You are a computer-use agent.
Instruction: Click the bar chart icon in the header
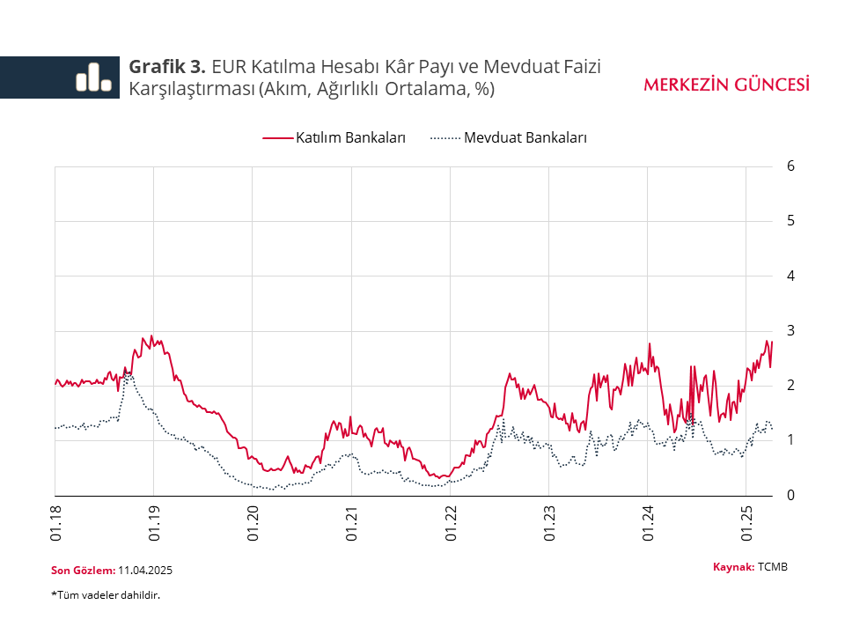coord(93,77)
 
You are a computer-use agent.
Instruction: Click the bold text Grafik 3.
coord(167,67)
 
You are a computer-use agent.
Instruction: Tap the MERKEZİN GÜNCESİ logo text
coord(726,85)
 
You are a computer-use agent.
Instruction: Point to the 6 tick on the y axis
coord(791,166)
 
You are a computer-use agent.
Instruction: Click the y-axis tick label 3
coord(791,330)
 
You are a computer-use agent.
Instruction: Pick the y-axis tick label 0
coord(791,495)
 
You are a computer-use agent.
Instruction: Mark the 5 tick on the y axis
coord(791,220)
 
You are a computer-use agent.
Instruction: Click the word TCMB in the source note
coord(773,566)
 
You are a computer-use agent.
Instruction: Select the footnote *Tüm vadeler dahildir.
coord(106,595)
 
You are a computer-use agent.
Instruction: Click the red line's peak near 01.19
coord(151,335)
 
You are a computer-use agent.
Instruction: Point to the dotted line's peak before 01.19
coord(129,373)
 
